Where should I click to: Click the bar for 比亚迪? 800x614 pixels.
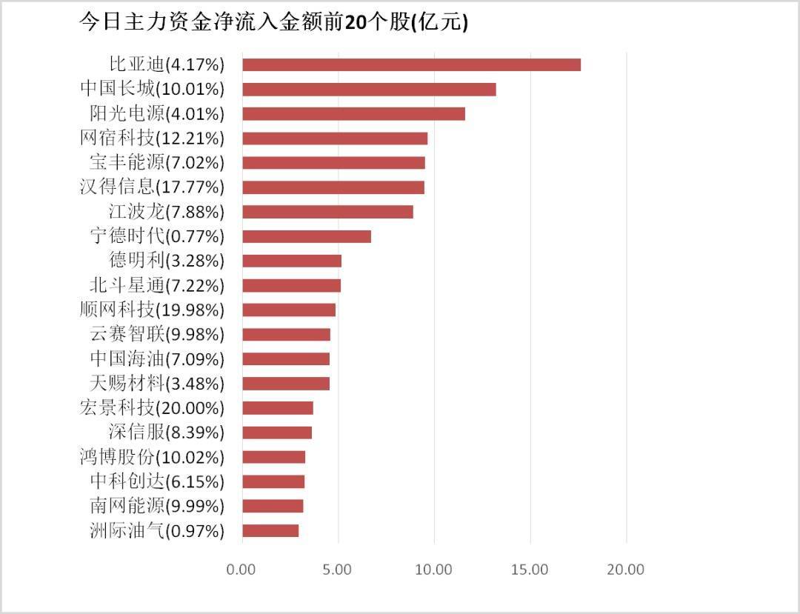point(411,64)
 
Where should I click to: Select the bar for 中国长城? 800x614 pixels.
point(369,90)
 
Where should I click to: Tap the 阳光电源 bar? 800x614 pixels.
point(353,114)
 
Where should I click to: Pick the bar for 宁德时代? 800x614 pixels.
point(307,236)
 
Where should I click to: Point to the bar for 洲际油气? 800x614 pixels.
point(270,530)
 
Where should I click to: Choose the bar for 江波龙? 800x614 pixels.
point(327,212)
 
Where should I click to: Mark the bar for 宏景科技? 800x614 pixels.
point(278,408)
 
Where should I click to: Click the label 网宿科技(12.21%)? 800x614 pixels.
point(152,139)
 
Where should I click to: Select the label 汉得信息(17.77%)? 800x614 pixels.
point(152,187)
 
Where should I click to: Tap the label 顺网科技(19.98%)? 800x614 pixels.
point(152,310)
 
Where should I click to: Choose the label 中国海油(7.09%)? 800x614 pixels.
point(157,359)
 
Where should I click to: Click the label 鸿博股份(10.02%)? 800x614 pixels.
point(152,457)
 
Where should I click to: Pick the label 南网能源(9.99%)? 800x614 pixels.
point(157,506)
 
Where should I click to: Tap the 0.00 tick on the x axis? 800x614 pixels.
point(241,570)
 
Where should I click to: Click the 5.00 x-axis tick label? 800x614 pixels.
point(338,570)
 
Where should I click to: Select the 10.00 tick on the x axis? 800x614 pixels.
point(434,570)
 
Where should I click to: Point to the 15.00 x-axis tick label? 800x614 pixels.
point(530,570)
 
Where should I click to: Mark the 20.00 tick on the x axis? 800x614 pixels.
point(626,570)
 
